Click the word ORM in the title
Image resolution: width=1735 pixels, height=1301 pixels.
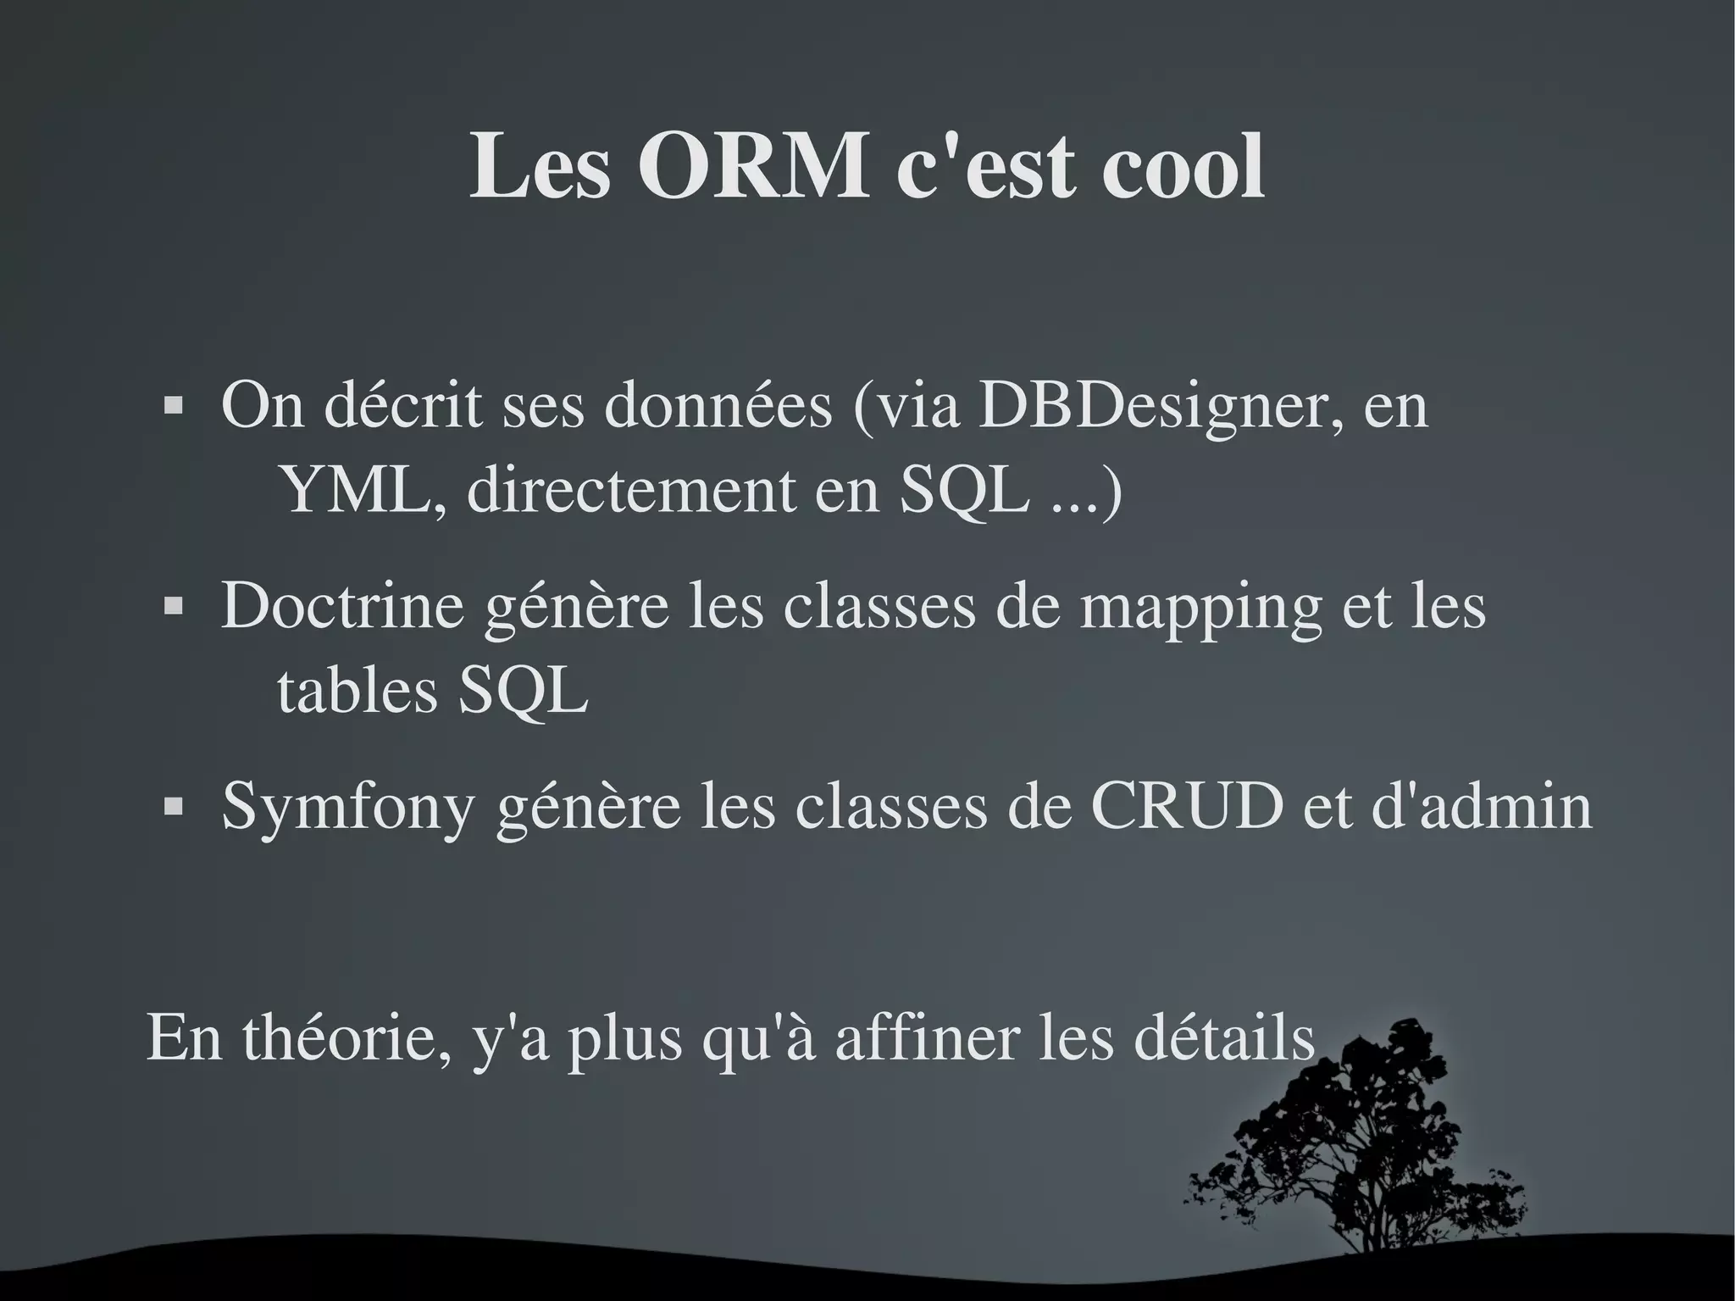point(753,166)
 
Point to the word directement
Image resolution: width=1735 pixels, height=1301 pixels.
point(631,492)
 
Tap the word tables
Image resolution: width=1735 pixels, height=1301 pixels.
point(357,691)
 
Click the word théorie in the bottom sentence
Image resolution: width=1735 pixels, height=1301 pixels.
point(346,1039)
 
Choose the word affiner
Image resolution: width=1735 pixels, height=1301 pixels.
point(927,1039)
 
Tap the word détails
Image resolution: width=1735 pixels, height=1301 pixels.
point(1223,1039)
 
